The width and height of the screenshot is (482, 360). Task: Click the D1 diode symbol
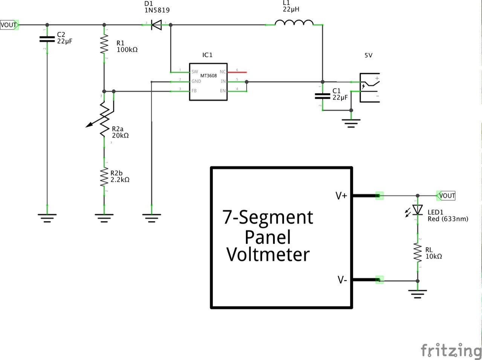[x=156, y=25]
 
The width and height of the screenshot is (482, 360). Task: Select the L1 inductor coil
[x=294, y=23]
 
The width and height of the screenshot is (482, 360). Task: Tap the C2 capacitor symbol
[x=47, y=39]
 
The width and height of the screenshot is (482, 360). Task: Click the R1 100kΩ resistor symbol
[x=104, y=44]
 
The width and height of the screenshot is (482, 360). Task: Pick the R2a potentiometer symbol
[x=104, y=118]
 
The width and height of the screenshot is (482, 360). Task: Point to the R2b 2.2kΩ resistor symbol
[x=104, y=177]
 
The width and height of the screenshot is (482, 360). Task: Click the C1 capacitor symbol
[x=322, y=96]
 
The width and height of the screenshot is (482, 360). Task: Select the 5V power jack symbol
[x=369, y=87]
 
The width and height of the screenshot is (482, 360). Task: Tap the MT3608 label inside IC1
[x=208, y=76]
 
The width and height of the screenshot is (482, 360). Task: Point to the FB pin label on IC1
[x=194, y=91]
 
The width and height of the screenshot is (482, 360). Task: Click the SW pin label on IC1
[x=194, y=72]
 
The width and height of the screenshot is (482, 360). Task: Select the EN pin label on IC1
[x=223, y=91]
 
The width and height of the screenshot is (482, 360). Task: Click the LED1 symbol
[x=417, y=210]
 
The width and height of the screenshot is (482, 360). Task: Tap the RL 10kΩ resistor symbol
[x=417, y=252]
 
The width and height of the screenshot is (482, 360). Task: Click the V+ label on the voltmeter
[x=341, y=196]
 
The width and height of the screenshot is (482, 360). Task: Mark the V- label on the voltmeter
[x=342, y=280]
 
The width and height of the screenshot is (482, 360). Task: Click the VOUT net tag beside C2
[x=9, y=25]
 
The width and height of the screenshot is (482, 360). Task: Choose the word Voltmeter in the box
[x=268, y=255]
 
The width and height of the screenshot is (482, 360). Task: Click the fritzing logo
[x=451, y=350]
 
